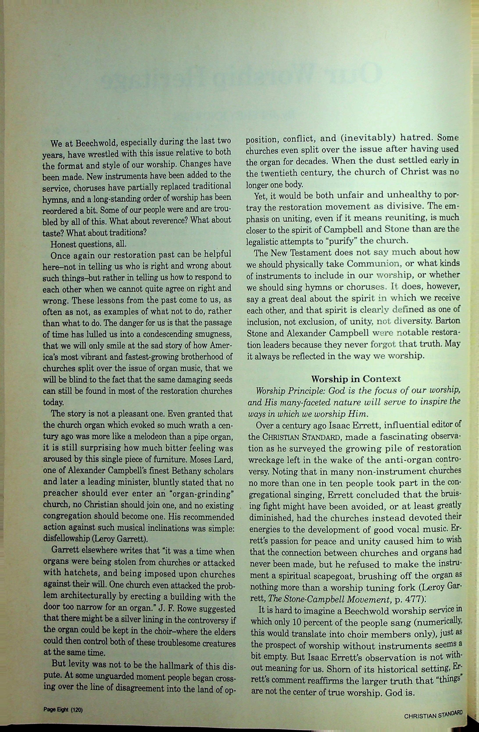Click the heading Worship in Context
356,378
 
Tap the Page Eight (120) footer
63,707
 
